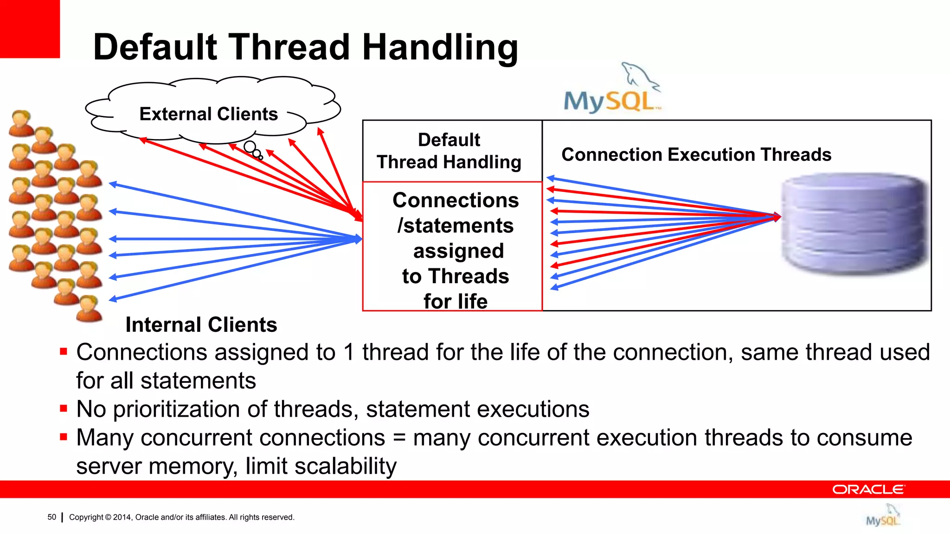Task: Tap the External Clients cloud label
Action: pos(208,114)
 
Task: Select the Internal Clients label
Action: pos(201,324)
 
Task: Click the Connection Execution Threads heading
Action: pos(696,154)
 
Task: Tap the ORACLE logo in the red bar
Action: pos(868,489)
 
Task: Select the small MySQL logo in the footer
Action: pos(882,516)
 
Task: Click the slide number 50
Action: pos(51,517)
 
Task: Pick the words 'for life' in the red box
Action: pos(455,301)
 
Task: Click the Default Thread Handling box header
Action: pos(449,151)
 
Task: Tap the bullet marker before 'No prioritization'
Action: pos(64,408)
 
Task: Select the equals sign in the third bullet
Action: pos(399,438)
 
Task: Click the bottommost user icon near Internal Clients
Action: pos(89,309)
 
